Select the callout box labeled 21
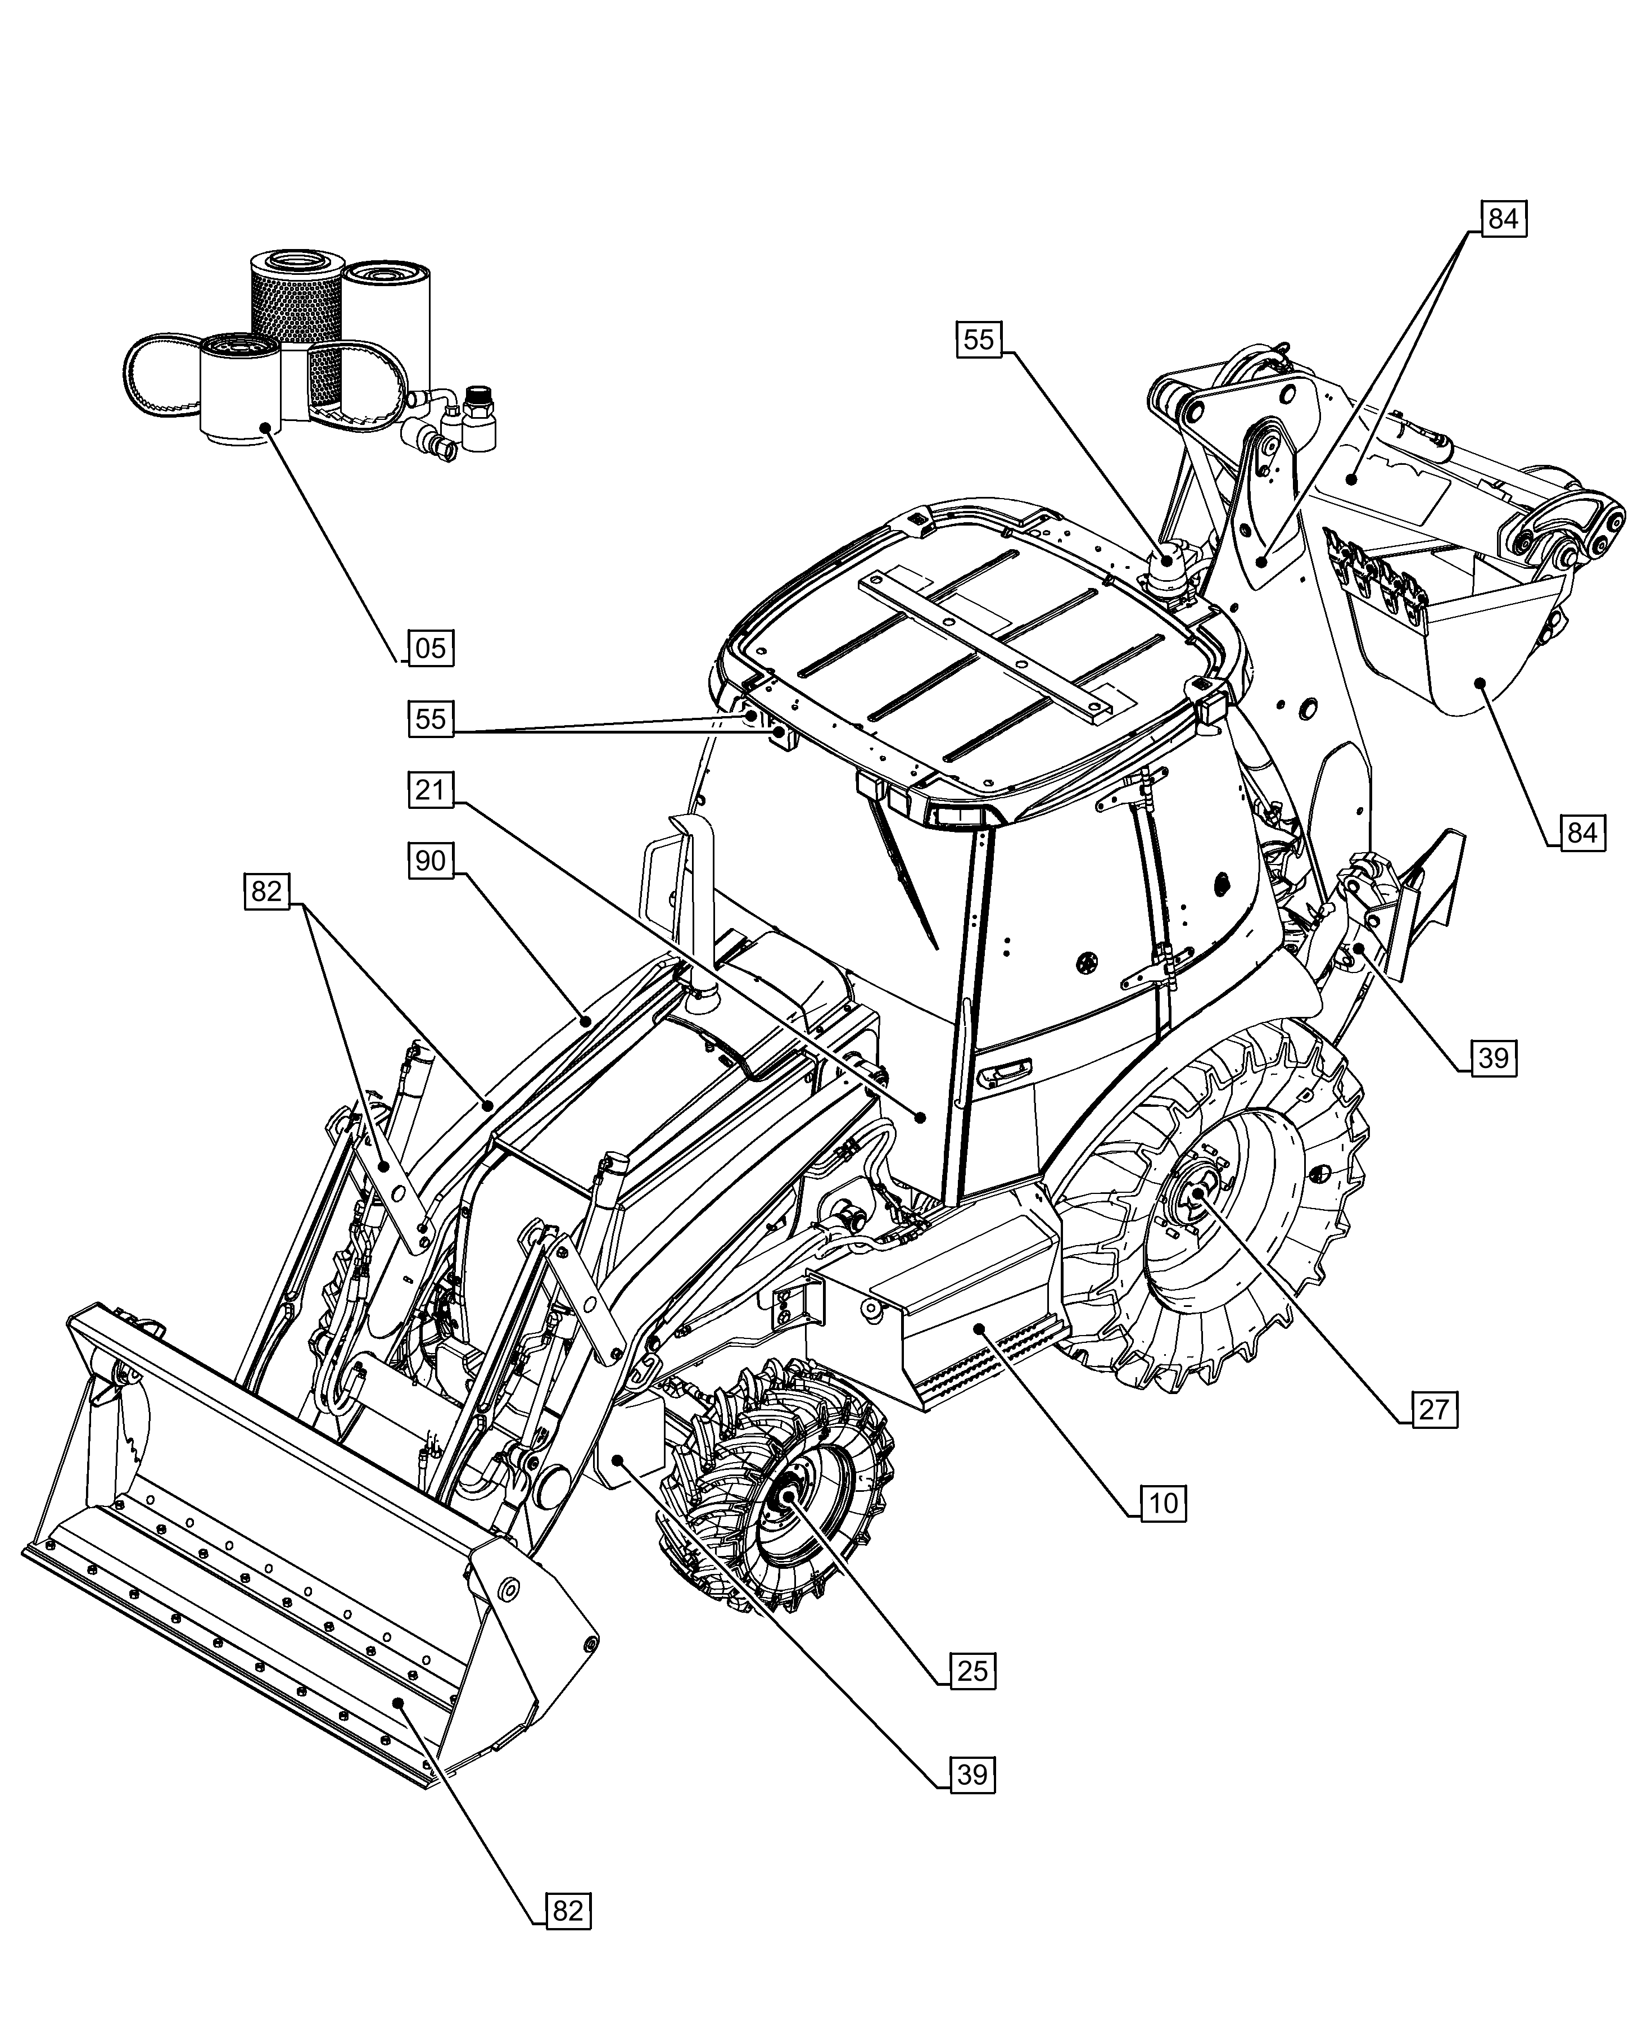431,789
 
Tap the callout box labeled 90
431,861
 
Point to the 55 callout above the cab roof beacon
979,338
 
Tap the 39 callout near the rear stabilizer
1492,1057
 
